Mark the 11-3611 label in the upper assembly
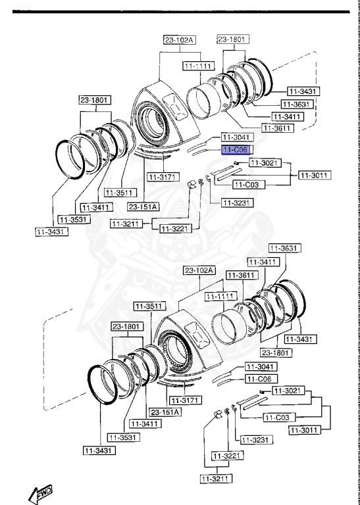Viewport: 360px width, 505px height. tap(277, 127)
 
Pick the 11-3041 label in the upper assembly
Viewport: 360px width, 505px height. tap(236, 138)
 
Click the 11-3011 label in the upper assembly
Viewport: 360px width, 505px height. tap(315, 175)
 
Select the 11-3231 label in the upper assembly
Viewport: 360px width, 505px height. tap(224, 203)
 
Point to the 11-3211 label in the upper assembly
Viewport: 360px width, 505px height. tap(125, 224)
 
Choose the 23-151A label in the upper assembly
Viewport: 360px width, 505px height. tap(143, 206)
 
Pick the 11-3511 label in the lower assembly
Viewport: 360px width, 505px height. tap(149, 306)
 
